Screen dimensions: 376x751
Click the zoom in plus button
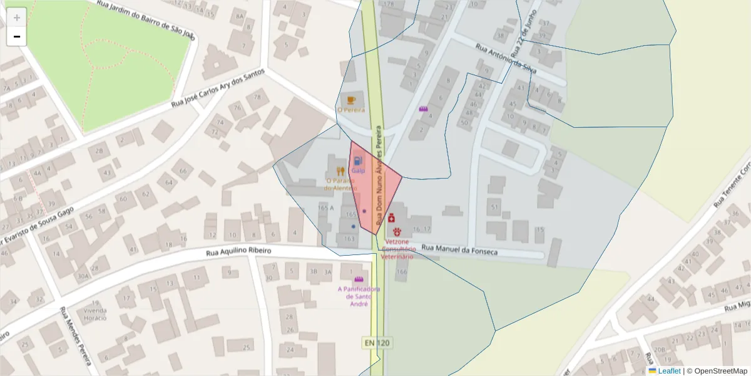(17, 18)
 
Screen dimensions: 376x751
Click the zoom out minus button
(17, 37)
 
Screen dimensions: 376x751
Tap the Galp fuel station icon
(358, 161)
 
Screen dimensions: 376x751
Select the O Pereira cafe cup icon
(351, 100)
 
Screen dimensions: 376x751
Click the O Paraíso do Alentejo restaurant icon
(340, 170)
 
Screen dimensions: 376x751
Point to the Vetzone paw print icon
(397, 232)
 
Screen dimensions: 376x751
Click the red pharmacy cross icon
(391, 218)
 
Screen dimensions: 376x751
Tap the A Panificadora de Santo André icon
(359, 279)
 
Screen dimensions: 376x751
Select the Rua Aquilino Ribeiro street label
(239, 251)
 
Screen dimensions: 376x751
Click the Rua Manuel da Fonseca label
(459, 249)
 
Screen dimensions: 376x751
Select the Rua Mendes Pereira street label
(76, 335)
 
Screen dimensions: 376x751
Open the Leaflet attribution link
(668, 371)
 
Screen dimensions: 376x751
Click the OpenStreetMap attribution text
(721, 371)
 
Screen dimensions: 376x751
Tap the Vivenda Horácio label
(96, 314)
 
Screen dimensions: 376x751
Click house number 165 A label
(326, 207)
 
